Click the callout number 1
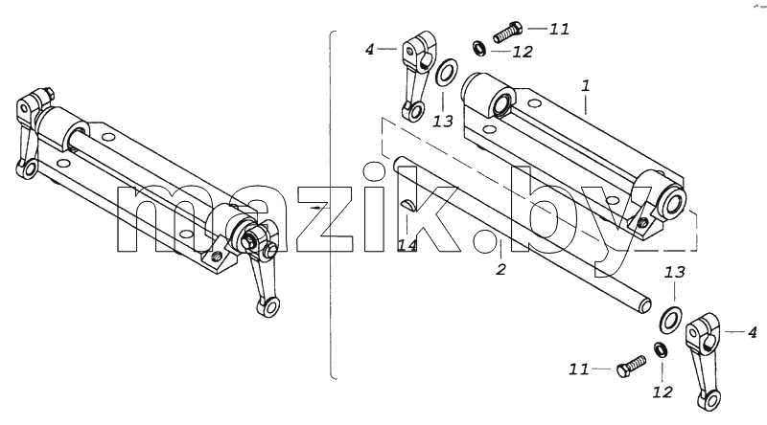pos(586,86)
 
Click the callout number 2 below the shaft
pos(500,269)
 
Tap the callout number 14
pos(407,245)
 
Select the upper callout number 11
pos(559,30)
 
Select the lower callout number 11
pos(579,369)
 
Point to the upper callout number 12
pos(523,52)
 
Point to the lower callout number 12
pos(662,391)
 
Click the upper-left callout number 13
pos(443,121)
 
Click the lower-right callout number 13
pos(674,273)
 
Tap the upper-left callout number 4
pos(369,50)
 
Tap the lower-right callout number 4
pos(753,333)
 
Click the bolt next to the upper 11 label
pos(507,32)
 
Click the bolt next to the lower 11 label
pos(631,367)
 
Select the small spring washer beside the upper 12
pos(478,49)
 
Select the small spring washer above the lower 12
pos(661,349)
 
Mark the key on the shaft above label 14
pos(409,206)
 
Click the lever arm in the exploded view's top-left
pos(417,76)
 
